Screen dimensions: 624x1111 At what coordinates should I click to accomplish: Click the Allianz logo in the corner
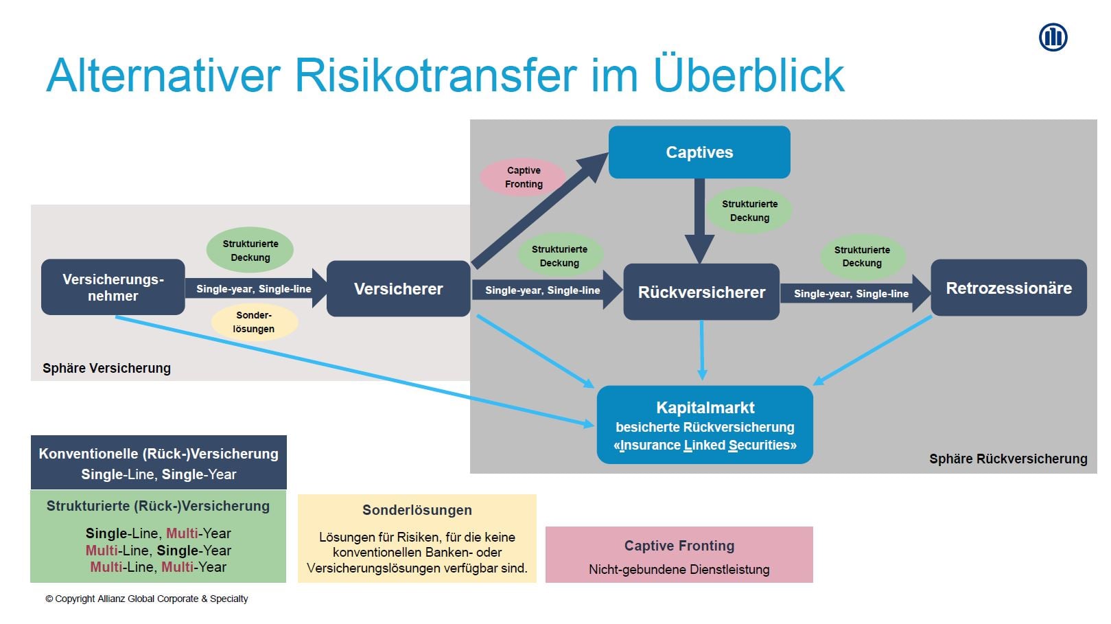point(1053,37)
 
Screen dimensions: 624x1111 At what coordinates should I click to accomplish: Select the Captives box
point(699,152)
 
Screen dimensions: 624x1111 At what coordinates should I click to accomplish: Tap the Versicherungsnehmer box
point(113,288)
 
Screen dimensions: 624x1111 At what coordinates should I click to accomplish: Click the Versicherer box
point(398,289)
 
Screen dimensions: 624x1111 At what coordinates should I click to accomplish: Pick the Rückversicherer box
point(701,292)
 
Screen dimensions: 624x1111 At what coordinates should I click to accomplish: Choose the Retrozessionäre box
point(1008,288)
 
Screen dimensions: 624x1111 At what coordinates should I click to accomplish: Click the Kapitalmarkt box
point(705,425)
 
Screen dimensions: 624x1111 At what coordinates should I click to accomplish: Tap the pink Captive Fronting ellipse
point(524,177)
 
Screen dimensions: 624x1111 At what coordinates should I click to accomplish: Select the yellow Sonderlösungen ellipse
point(254,322)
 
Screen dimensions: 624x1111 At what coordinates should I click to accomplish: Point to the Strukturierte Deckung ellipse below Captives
point(749,211)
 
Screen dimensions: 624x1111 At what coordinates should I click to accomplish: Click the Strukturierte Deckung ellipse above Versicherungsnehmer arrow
point(250,251)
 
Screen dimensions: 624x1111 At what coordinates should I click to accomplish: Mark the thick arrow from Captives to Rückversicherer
point(699,220)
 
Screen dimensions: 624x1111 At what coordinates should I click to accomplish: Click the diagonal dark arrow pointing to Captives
point(535,213)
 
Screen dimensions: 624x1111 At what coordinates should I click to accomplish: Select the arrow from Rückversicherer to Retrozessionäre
point(854,294)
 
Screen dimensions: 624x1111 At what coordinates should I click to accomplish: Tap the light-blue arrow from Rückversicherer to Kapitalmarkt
point(701,350)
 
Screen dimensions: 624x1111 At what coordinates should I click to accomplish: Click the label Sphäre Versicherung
point(106,369)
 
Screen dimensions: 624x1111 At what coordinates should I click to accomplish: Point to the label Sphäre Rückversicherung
point(1007,459)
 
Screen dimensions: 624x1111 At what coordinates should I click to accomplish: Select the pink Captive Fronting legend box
point(679,555)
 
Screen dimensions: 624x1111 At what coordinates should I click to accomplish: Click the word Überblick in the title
point(749,75)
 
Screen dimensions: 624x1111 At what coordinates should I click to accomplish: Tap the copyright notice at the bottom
point(147,599)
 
